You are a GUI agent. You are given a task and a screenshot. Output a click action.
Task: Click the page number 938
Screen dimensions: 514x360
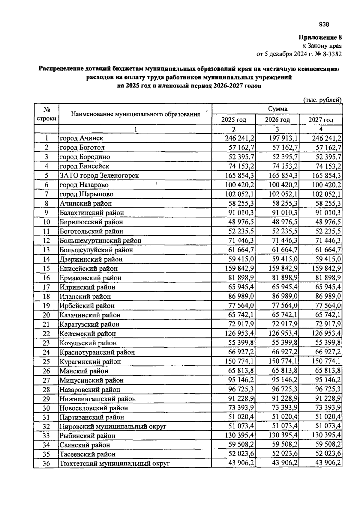pyautogui.click(x=324, y=25)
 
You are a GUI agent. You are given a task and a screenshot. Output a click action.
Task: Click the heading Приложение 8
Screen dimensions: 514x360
pyautogui.click(x=320, y=37)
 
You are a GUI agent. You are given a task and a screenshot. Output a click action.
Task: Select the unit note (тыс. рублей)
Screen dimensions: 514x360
pyautogui.click(x=322, y=100)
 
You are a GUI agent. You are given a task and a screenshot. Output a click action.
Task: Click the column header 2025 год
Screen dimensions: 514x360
pyautogui.click(x=234, y=120)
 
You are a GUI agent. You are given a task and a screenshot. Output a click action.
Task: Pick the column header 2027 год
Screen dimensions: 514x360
pyautogui.click(x=321, y=120)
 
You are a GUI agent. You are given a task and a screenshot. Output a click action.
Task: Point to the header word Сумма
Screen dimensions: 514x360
pyautogui.click(x=277, y=109)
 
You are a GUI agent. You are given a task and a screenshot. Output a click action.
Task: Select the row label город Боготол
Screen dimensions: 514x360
pyautogui.click(x=82, y=147)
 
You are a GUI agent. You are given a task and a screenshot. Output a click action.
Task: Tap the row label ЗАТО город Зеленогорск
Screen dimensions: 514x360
pyautogui.click(x=99, y=175)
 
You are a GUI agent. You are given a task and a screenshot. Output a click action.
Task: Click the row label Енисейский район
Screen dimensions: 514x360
pyautogui.click(x=88, y=269)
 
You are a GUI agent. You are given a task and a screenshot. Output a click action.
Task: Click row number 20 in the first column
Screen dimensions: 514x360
pyautogui.click(x=46, y=315)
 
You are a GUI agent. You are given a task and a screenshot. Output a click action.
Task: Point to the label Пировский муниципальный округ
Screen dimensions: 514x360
pyautogui.click(x=113, y=426)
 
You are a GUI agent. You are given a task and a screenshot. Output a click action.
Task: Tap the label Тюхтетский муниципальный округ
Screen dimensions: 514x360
pyautogui.click(x=115, y=464)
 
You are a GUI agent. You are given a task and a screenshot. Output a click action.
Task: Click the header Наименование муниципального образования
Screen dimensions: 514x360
pyautogui.click(x=136, y=114)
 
